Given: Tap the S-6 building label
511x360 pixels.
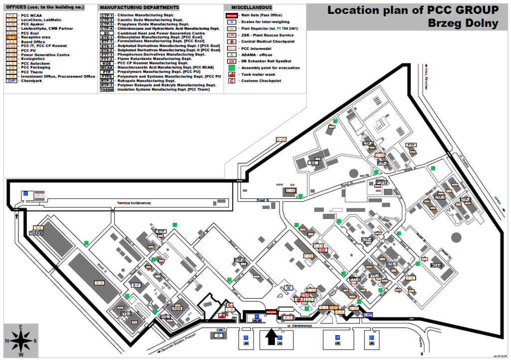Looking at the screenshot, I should point(99,283).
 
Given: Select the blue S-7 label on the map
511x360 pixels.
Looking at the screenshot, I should point(136,285).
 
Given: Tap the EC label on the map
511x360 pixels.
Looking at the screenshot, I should point(314,163).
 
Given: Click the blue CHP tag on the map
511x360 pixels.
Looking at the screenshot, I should point(368,315).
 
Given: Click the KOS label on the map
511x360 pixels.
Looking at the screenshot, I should point(177,308).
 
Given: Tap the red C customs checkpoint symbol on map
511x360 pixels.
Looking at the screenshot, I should point(230,305).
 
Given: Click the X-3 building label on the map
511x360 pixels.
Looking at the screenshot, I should point(287,317).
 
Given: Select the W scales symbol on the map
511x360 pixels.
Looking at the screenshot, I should point(288,288).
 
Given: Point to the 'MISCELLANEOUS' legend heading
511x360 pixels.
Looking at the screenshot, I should point(252,7).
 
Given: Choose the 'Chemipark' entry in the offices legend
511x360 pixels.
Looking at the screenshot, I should point(32,81).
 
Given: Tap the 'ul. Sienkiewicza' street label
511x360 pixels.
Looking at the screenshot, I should point(300,326).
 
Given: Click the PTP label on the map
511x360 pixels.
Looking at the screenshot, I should point(411,145).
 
